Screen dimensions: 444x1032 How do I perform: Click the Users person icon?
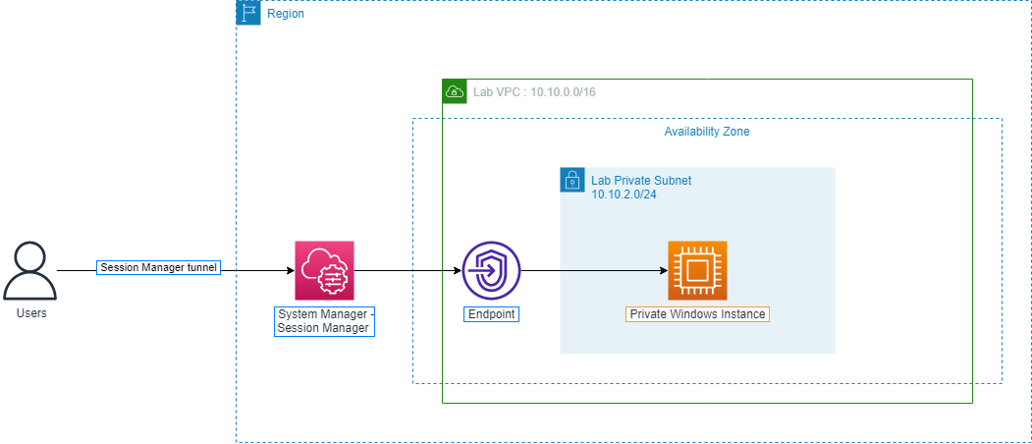(29, 272)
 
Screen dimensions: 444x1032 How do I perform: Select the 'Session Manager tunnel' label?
(158, 267)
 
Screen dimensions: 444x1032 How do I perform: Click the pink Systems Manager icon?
(324, 270)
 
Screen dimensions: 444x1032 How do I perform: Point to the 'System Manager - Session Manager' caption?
(324, 321)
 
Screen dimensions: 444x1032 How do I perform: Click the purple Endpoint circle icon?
(491, 270)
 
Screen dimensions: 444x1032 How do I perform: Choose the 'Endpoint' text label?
(491, 314)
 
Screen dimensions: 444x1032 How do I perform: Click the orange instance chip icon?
(697, 270)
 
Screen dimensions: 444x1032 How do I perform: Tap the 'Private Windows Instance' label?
(697, 314)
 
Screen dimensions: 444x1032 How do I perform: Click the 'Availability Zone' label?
(707, 132)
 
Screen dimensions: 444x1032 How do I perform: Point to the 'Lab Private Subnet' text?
(641, 181)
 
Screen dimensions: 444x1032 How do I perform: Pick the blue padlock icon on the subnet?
(571, 180)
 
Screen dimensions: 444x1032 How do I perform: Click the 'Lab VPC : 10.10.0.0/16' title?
(534, 91)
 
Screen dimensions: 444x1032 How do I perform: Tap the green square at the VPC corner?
(455, 91)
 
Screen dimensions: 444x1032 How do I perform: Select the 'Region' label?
(286, 15)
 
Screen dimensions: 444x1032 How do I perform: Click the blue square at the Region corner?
(249, 13)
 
